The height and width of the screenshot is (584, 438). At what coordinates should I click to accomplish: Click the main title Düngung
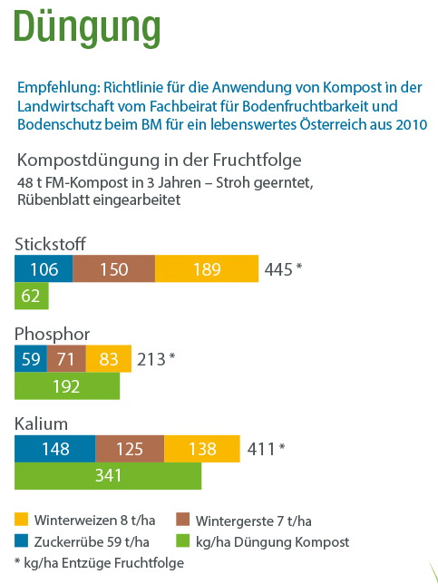point(87,28)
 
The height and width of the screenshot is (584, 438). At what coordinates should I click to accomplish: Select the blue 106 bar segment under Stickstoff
point(44,268)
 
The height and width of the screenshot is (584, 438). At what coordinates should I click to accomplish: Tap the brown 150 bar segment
point(114,268)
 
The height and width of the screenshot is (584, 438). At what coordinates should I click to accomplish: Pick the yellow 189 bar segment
point(207,268)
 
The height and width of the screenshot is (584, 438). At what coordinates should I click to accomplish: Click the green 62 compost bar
point(31,296)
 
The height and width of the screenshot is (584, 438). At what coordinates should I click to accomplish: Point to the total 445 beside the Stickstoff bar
point(278,269)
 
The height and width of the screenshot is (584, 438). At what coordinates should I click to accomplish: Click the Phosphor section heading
point(53,334)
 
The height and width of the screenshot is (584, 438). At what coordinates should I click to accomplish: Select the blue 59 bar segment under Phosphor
point(31,359)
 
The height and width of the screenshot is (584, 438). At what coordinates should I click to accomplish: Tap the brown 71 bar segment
point(66,359)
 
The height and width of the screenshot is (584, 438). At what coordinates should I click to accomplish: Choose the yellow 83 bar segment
point(109,359)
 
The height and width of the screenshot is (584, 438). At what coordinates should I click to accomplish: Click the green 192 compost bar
point(67,386)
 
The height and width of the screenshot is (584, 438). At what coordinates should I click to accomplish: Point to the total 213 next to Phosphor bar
point(151,359)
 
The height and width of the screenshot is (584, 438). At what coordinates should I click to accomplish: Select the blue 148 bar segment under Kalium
point(55,448)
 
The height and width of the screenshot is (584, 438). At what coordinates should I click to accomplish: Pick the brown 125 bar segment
point(130,448)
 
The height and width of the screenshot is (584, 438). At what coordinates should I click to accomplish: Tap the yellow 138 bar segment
point(202,448)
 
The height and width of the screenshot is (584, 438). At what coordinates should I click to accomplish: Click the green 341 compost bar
point(108,475)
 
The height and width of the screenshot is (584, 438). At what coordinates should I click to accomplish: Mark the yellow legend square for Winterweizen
point(21,520)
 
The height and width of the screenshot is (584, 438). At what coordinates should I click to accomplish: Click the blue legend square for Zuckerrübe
point(21,540)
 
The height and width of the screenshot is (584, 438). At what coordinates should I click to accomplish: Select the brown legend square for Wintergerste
point(182,520)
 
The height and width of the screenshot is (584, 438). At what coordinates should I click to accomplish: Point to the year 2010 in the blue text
point(412,124)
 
